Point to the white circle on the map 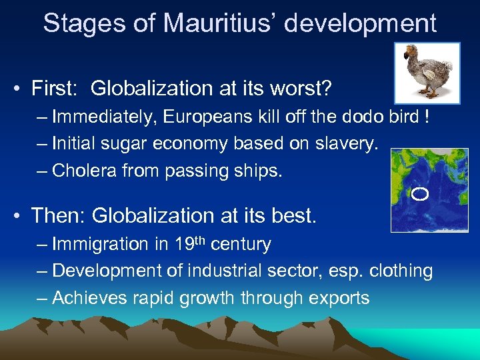(x=420, y=194)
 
